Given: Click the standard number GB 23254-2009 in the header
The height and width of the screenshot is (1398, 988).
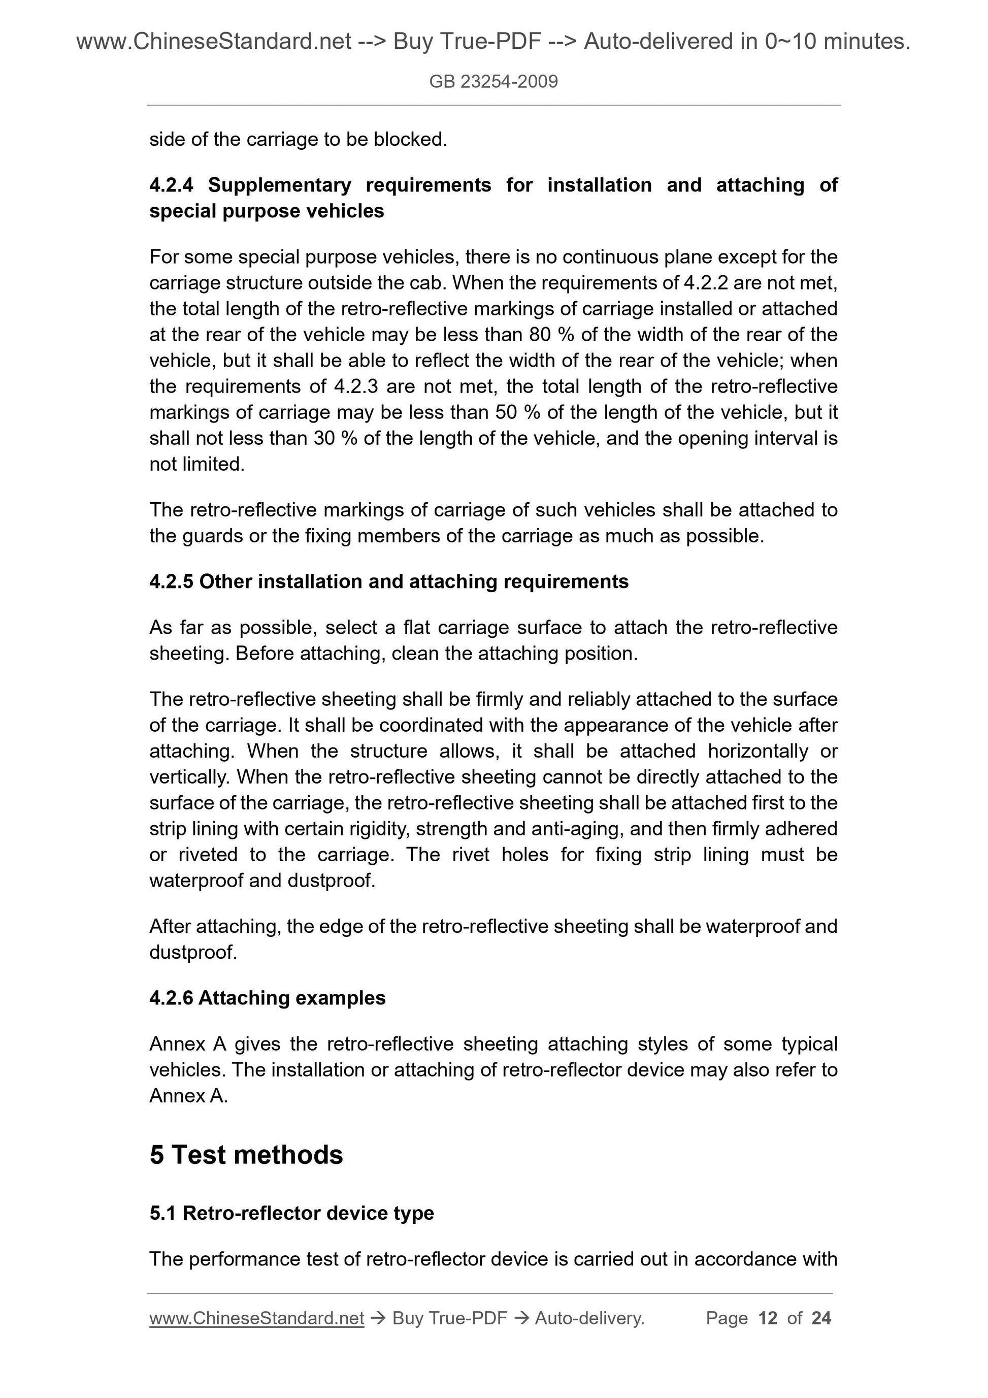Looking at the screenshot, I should click(493, 82).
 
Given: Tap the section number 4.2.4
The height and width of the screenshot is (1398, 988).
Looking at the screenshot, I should click(171, 185).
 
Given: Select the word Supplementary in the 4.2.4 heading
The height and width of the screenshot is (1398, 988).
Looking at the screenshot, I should click(279, 185).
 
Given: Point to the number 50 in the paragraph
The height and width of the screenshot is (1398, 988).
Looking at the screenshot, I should click(506, 413).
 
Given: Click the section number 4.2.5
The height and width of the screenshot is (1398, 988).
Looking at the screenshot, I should click(171, 582).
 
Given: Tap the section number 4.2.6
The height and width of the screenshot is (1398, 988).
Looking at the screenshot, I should click(171, 998).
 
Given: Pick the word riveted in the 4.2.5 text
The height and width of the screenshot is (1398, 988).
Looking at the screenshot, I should click(208, 855).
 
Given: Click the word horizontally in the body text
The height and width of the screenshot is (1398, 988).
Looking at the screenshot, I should click(758, 752).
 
